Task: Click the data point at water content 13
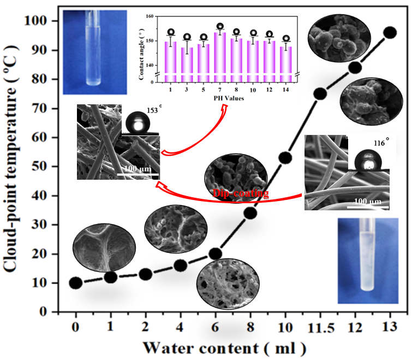click(390, 33)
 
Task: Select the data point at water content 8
click(250, 213)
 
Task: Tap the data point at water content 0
click(76, 283)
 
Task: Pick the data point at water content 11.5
click(320, 93)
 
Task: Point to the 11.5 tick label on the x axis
click(320, 328)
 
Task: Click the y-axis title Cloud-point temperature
click(11, 160)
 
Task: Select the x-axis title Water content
click(225, 349)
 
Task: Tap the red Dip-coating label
click(241, 193)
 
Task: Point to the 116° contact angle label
click(381, 142)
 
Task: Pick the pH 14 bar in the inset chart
click(285, 64)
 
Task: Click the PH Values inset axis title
click(229, 98)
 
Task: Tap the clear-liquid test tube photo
click(95, 52)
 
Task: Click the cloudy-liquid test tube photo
click(368, 261)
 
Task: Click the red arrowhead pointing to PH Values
click(225, 107)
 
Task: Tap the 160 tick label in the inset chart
click(150, 16)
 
